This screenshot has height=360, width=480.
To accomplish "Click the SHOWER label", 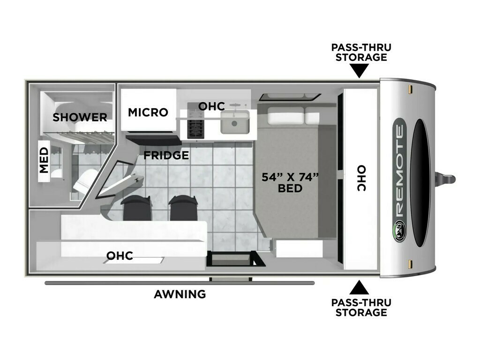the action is [80, 117].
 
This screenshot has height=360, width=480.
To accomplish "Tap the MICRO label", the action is [148, 112].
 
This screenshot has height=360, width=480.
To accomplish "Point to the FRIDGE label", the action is [166, 155].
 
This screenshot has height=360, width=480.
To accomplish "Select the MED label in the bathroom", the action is [44, 160].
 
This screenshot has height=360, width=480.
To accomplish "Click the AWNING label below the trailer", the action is [180, 294].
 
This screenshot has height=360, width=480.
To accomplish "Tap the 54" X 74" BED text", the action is [290, 182].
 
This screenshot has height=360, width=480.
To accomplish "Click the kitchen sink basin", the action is [235, 122].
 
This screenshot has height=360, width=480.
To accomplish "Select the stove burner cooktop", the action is [195, 125].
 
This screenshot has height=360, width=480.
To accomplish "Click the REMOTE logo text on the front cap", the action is [399, 172].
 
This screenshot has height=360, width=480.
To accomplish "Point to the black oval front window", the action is [420, 183].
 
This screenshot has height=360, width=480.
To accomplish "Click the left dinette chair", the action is [137, 208].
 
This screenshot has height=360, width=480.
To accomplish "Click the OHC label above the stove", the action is [211, 106].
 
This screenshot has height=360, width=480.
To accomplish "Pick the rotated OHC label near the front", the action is [361, 179].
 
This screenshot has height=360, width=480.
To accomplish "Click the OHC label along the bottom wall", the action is [120, 255].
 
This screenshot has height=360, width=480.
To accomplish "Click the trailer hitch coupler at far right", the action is [446, 180].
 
